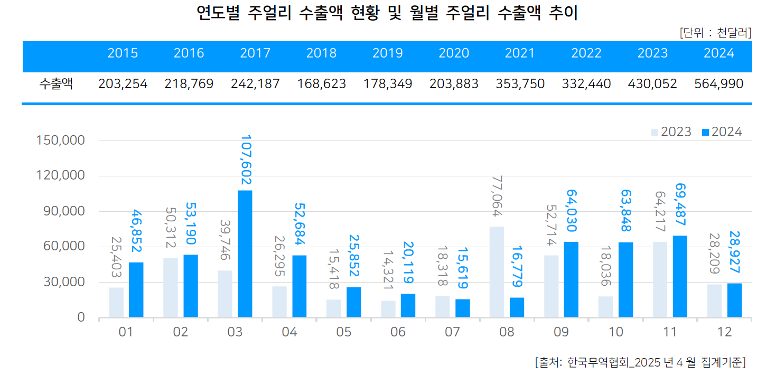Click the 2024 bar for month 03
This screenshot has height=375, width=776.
(245, 254)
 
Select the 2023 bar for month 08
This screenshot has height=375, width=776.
(497, 272)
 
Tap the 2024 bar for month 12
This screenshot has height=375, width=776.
(734, 301)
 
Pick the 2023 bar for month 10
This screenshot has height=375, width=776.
(606, 307)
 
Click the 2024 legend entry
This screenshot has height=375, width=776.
(722, 132)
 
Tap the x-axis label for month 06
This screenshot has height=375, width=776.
(398, 332)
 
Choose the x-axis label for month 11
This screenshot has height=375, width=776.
(670, 332)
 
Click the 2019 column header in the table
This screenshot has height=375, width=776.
(387, 53)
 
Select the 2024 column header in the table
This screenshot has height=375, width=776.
(719, 53)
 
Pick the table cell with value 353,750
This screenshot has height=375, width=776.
(520, 84)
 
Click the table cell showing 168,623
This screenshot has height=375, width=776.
(321, 84)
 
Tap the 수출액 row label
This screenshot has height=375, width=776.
(56, 84)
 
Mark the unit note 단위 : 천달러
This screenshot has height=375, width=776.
(715, 33)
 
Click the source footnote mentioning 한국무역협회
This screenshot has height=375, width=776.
(640, 362)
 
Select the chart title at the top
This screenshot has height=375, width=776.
(387, 13)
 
